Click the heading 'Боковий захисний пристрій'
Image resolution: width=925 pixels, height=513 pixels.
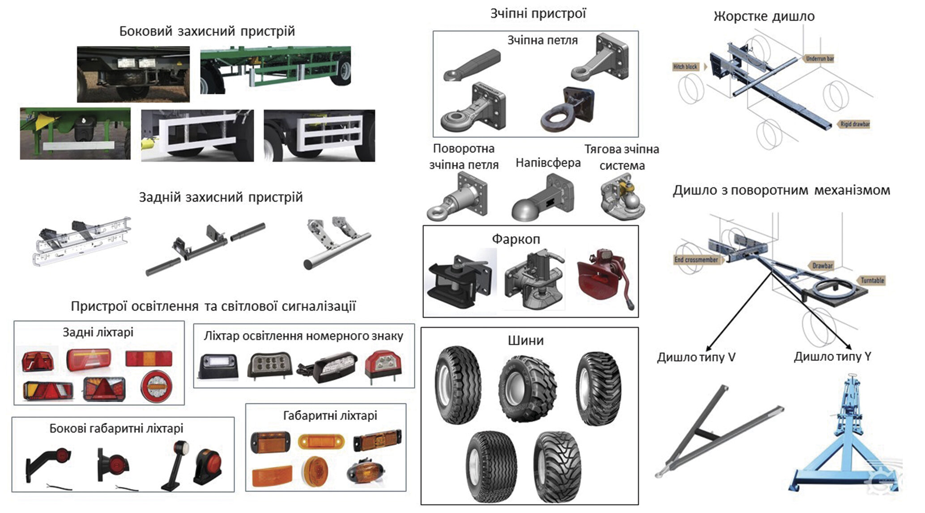click(x=207, y=31)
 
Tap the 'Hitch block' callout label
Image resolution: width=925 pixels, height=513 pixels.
click(x=685, y=67)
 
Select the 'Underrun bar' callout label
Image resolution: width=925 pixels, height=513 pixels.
click(x=819, y=59)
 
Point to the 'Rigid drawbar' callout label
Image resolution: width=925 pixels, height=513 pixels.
click(x=854, y=124)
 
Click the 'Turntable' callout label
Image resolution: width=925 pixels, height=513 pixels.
click(x=872, y=280)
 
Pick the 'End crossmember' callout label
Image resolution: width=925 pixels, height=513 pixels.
click(x=696, y=260)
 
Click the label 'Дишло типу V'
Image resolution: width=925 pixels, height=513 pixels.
click(x=696, y=357)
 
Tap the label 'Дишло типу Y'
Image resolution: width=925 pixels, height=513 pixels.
click(x=832, y=357)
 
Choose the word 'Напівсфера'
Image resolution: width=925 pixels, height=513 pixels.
click(x=548, y=163)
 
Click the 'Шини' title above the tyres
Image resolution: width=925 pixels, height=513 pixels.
click(x=525, y=341)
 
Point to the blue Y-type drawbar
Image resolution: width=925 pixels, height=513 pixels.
click(x=846, y=443)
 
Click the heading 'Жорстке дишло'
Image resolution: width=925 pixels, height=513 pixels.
click(x=764, y=17)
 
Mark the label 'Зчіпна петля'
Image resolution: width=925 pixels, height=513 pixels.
click(x=542, y=41)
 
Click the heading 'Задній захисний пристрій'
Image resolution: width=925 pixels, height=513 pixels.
click(x=221, y=197)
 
